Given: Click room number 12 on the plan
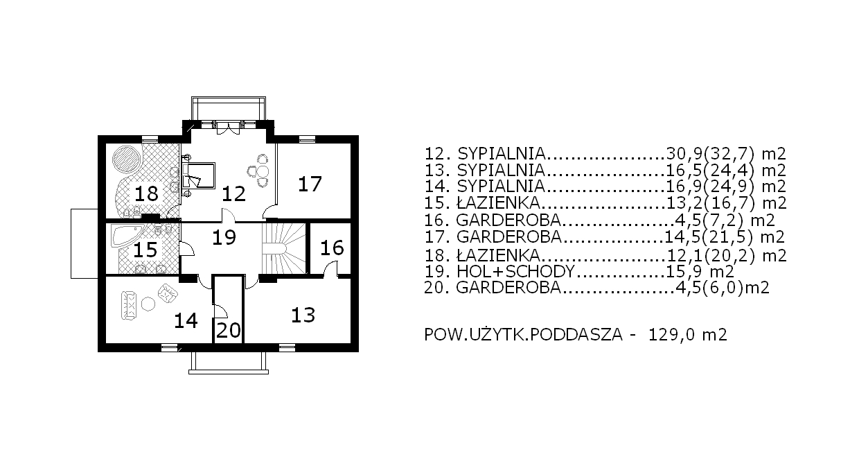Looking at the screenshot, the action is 233,193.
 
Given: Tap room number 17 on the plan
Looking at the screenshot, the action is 310,184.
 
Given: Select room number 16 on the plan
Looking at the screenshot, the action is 332,248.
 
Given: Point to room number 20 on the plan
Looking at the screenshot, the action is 229,330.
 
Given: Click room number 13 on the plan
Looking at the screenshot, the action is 303,315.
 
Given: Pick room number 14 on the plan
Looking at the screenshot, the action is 186,320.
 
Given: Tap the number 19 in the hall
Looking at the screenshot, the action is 224,238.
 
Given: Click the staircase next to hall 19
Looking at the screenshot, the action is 284,248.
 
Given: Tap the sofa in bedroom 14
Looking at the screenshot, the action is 130,305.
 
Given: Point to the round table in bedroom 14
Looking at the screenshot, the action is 148,304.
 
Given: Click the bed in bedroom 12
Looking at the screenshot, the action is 198,175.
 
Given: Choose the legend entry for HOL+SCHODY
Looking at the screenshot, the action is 579,272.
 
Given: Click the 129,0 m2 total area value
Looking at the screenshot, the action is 688,335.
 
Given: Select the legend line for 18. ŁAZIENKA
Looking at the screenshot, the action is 605,255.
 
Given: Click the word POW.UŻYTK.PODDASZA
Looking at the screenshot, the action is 523,335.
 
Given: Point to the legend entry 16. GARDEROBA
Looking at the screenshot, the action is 599,220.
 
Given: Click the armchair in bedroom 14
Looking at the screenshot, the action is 168,294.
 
